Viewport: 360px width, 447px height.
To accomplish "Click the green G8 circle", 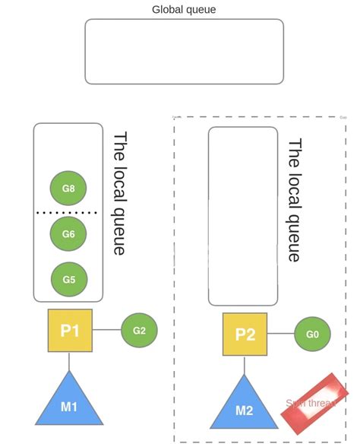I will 68,188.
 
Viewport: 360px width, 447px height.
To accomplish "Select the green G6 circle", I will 68,234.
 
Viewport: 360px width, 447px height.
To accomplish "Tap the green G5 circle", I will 68,280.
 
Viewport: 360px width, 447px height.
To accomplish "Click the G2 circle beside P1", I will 139,330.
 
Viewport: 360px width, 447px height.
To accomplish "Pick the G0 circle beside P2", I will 312,334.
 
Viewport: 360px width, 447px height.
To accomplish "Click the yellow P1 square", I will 70,330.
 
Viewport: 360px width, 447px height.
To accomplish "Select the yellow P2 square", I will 245,334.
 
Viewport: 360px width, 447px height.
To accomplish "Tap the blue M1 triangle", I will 69,404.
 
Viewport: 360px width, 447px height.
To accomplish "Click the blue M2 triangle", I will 244,407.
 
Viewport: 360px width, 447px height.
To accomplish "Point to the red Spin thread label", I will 313,404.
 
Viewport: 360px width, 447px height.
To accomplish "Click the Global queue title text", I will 184,9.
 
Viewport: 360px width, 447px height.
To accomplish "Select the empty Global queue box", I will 184,51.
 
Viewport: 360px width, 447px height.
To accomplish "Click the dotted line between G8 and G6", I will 68,212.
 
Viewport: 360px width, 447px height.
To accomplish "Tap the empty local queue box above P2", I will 243,216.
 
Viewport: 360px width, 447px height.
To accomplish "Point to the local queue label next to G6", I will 120,193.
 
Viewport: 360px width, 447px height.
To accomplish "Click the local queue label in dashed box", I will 295,199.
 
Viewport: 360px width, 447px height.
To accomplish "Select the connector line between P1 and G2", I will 106,330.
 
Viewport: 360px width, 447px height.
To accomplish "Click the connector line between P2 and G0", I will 280,334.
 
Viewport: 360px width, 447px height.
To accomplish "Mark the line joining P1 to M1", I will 69,361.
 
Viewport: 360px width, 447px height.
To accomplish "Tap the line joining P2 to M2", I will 245,365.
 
